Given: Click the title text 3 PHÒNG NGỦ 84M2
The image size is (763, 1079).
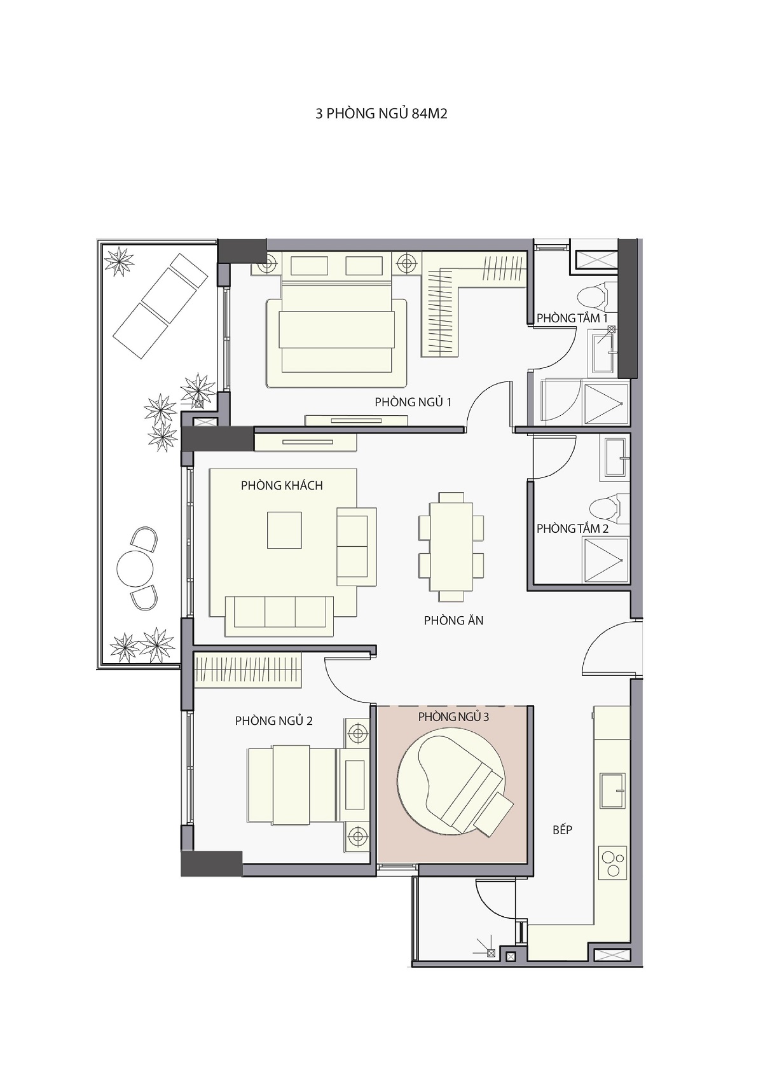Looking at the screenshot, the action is tap(381, 114).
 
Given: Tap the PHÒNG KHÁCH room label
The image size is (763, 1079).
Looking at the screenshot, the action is tap(282, 485).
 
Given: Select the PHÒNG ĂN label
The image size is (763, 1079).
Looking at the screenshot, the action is tap(453, 620).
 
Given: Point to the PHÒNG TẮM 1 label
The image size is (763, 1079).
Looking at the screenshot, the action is tap(572, 318).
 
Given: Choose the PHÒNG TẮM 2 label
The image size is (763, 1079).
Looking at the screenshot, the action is tap(572, 528).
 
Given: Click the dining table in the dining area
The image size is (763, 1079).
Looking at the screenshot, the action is tap(451, 547).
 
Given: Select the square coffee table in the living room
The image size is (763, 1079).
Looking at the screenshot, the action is tap(285, 530).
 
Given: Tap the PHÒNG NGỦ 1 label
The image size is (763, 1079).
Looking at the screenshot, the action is tap(413, 402).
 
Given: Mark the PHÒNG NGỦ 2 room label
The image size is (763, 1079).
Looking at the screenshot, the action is tap(273, 720).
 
